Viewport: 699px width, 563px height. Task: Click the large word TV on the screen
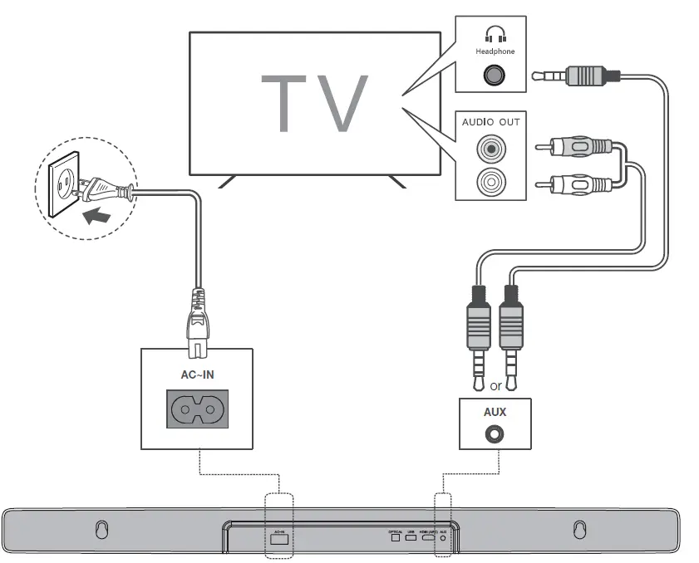[x=314, y=104]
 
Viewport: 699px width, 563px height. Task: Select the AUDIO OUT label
[x=490, y=122]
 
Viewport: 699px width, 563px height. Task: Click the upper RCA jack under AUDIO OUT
[x=490, y=149]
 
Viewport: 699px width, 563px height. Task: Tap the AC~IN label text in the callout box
[x=197, y=375]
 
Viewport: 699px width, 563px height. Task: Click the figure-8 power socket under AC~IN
[x=197, y=408]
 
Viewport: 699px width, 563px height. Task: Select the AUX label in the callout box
[x=495, y=412]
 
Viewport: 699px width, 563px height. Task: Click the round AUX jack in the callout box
[x=495, y=433]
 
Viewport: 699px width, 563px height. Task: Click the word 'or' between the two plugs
[x=495, y=386]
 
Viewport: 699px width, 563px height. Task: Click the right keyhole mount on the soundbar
[x=579, y=529]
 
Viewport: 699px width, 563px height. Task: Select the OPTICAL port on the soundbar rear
[x=396, y=539]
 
